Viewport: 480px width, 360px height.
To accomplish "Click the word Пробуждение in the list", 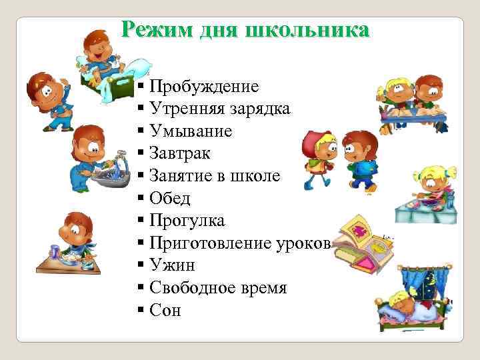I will [205, 87].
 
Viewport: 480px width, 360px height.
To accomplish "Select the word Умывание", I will [191, 131].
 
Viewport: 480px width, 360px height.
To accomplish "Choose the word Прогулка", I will [187, 221].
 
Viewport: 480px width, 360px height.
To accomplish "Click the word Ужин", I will [171, 266].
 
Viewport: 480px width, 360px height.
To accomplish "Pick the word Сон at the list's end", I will [165, 311].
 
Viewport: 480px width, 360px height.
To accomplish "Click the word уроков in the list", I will [302, 243].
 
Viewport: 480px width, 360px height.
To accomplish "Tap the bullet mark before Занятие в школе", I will [141, 177].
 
